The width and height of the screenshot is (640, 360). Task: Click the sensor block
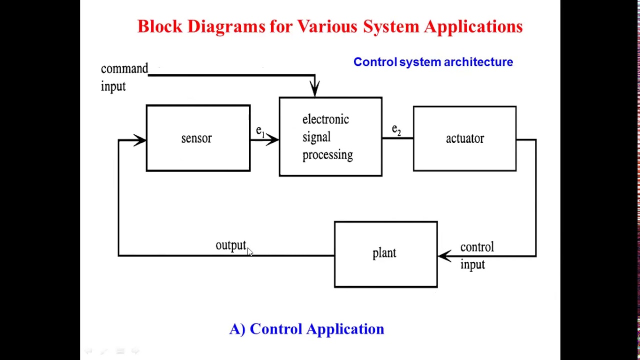(x=198, y=138)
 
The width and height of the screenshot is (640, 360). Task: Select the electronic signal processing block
(x=330, y=137)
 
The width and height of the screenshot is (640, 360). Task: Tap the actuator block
(x=464, y=139)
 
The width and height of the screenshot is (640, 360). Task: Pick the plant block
(x=385, y=254)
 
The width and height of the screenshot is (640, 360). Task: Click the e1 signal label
(x=259, y=131)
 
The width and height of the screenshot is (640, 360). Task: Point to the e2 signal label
(x=396, y=130)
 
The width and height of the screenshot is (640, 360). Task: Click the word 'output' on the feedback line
(x=230, y=245)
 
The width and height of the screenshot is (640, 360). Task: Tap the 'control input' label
(x=476, y=255)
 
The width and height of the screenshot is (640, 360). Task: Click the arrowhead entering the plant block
(x=444, y=256)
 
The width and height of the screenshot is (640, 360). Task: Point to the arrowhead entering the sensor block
(x=139, y=140)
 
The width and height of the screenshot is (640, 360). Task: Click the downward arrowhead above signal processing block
(x=314, y=89)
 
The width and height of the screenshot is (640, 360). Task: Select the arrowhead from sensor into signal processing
(x=272, y=139)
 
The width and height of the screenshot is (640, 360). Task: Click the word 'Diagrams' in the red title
(x=226, y=26)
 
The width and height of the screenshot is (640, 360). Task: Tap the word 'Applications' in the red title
(x=473, y=26)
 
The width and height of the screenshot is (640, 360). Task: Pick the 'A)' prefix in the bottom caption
(x=237, y=329)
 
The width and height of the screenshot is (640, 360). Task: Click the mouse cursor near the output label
(x=250, y=252)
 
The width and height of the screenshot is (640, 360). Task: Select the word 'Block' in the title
(x=160, y=26)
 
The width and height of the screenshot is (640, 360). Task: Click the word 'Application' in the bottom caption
(x=345, y=329)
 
